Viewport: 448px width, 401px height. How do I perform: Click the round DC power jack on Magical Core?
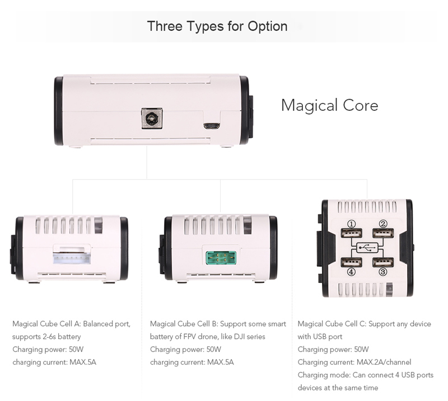152,119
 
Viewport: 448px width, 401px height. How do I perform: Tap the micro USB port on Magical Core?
212,126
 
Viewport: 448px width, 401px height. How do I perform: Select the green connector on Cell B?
221,257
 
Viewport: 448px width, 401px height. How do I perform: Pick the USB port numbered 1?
351,233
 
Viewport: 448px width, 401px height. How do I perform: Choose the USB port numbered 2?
383,233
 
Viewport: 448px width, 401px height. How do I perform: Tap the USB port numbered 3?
383,262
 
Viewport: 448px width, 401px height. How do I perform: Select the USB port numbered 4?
351,262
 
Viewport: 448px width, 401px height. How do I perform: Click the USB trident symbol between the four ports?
367,248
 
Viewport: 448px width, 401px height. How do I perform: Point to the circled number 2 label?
383,224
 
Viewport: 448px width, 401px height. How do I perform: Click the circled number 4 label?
351,272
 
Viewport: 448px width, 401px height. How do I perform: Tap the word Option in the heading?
268,26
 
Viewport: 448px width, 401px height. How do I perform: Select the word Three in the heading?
165,26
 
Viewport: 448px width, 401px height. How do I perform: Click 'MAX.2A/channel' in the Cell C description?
384,362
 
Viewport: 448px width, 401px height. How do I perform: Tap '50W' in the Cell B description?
214,350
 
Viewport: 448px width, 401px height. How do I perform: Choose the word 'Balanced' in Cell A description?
98,324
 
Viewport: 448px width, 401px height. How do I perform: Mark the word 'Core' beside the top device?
361,105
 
